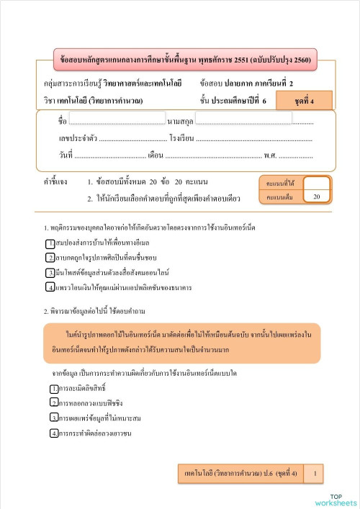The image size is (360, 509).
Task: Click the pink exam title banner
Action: coord(185,59)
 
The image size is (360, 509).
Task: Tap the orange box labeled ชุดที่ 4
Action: coord(303,100)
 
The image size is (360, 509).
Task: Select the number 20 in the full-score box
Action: coord(317,196)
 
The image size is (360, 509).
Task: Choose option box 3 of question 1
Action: coord(50,274)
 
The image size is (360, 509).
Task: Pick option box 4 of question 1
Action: coord(50,288)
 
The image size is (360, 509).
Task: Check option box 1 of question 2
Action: coord(54,389)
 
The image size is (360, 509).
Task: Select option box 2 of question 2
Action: coord(54,403)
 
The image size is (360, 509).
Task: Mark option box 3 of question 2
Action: coord(54,418)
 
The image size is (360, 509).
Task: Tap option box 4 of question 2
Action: coord(54,433)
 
